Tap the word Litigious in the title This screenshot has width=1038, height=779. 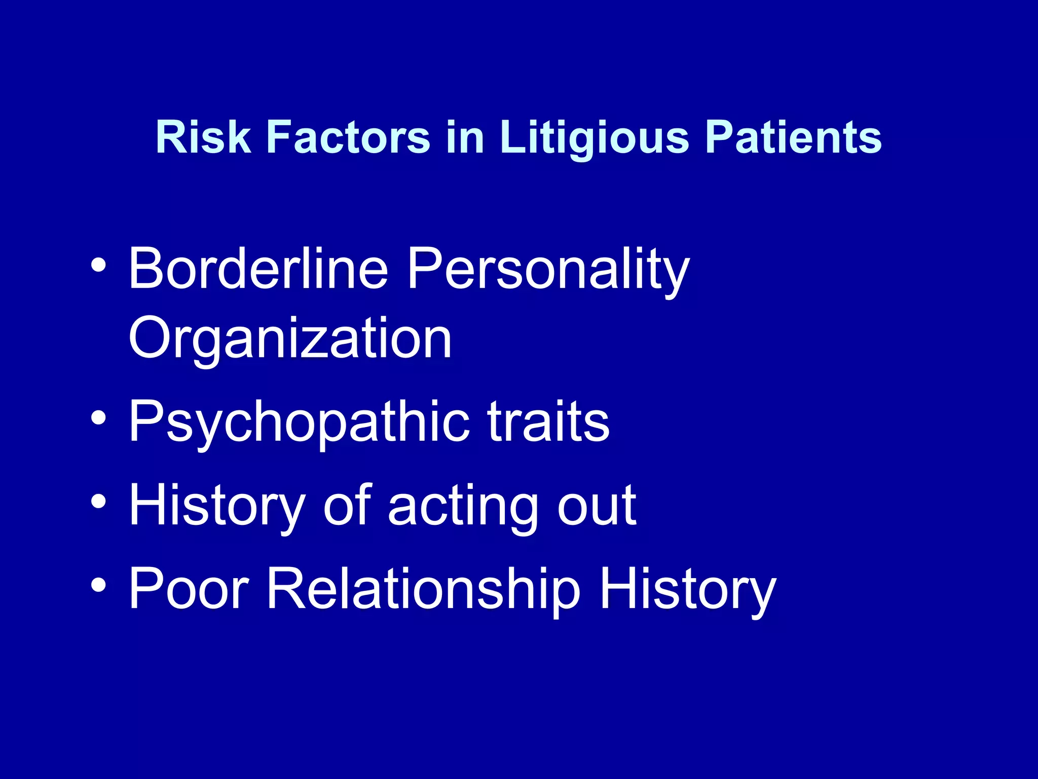tap(594, 138)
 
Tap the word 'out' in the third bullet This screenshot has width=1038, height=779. tap(597, 506)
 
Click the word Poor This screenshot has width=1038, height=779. tap(189, 589)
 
